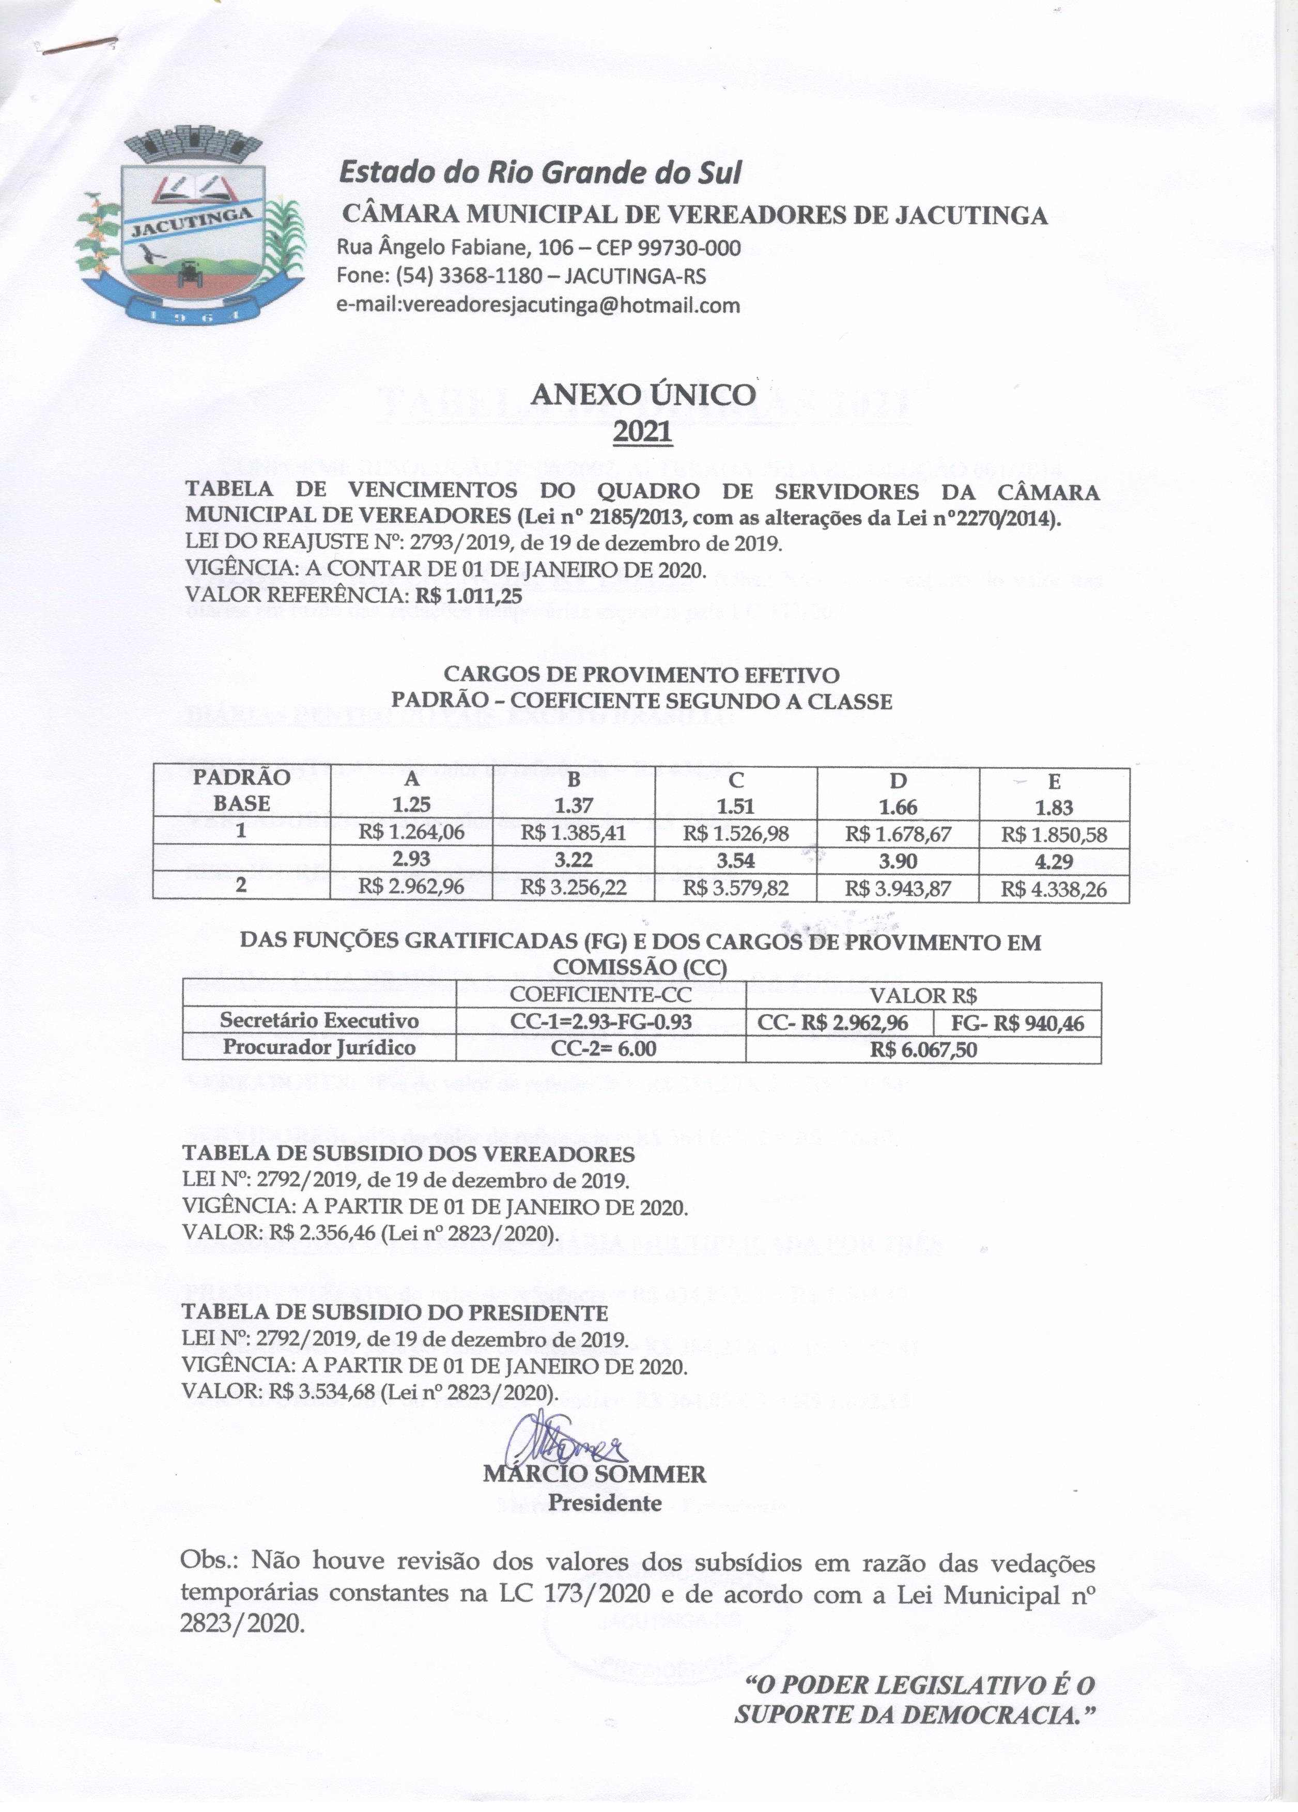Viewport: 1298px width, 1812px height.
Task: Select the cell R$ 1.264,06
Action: pos(411,833)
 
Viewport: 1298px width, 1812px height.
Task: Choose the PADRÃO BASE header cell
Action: pos(241,791)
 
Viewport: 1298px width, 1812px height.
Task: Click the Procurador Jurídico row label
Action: pos(319,1047)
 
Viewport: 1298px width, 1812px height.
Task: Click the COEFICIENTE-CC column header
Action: pos(600,996)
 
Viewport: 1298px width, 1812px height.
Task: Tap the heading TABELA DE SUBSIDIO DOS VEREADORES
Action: pos(408,1154)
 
